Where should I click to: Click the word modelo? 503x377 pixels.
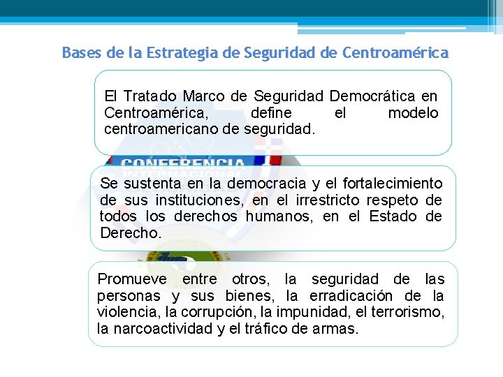click(x=413, y=113)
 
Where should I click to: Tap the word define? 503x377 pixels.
click(x=271, y=113)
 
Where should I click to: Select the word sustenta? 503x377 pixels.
click(x=156, y=184)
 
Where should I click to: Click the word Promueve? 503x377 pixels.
click(x=132, y=280)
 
